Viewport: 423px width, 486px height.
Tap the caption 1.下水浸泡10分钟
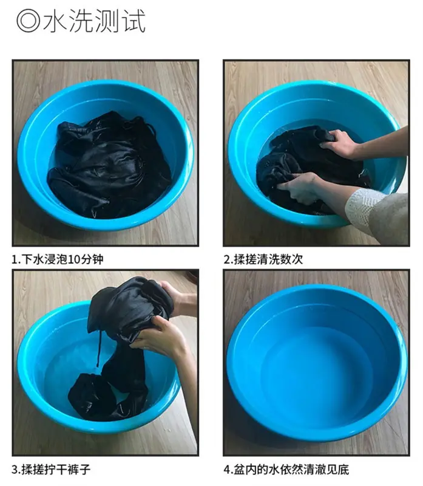click(x=57, y=259)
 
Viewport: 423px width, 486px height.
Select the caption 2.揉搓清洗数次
click(x=263, y=259)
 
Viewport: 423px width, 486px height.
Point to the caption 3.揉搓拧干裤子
click(x=51, y=469)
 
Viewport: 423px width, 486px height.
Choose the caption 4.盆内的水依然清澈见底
click(x=286, y=469)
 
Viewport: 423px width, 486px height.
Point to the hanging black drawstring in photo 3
click(x=99, y=348)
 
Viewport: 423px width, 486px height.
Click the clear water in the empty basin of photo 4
click(x=316, y=372)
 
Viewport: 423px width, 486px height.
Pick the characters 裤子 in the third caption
click(x=80, y=469)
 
